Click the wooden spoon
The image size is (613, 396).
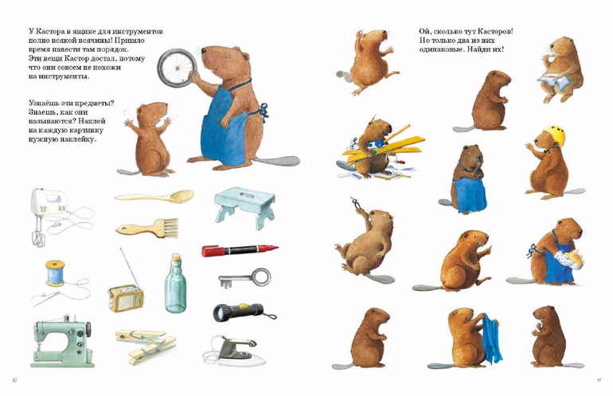(x=155, y=197)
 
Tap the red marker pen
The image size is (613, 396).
(x=240, y=250)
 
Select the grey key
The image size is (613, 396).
(x=244, y=278)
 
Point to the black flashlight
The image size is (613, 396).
(x=241, y=312)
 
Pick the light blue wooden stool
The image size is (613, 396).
(x=244, y=206)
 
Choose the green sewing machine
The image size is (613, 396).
(x=63, y=341)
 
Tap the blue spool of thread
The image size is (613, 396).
(x=55, y=273)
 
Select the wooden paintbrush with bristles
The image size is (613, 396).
(x=147, y=228)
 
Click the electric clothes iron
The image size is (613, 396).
(x=235, y=351)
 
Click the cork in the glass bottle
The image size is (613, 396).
(x=177, y=257)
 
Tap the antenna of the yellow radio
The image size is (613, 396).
(x=128, y=267)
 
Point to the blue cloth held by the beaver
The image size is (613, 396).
(x=491, y=337)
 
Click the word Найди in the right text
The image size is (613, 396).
(x=478, y=49)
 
